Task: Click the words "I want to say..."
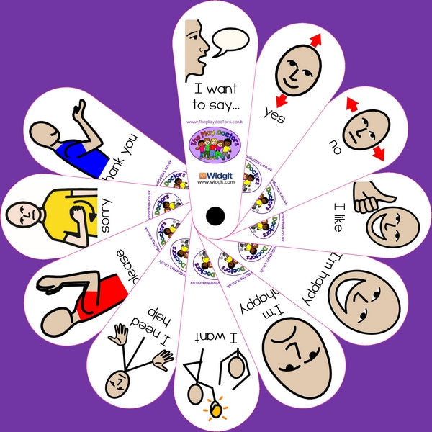(215, 97)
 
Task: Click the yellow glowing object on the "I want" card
(215, 411)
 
